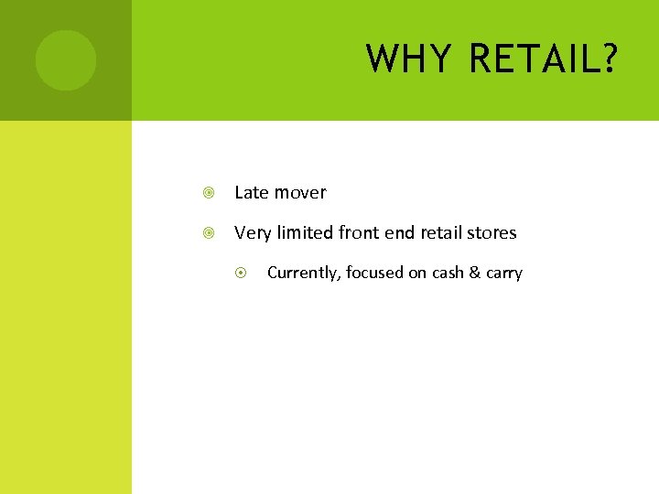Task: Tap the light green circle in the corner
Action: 65,60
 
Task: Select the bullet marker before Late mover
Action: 210,193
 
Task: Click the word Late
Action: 252,193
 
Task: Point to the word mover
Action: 300,193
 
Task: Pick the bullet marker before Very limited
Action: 210,233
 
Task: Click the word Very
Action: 253,233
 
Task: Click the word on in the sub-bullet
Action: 417,273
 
